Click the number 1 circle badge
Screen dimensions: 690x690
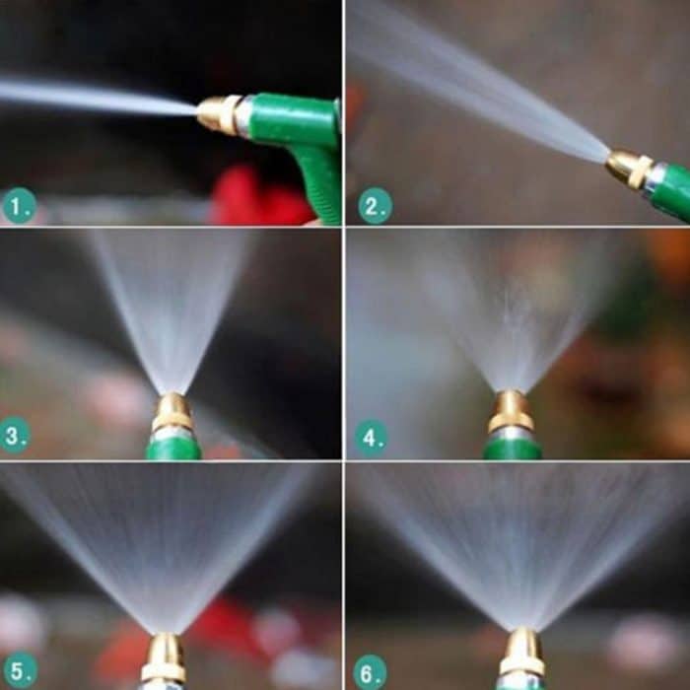[x=19, y=205]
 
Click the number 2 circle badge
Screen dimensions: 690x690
[x=375, y=205]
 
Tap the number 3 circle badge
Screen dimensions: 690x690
[x=16, y=435]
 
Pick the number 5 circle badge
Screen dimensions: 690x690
[x=19, y=668]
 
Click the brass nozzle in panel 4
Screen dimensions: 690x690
[x=512, y=412]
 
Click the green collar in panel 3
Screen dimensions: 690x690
[x=173, y=448]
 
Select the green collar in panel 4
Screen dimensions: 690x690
[x=513, y=449]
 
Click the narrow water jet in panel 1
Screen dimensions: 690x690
[x=99, y=99]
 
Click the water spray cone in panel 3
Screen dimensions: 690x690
[x=172, y=306]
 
